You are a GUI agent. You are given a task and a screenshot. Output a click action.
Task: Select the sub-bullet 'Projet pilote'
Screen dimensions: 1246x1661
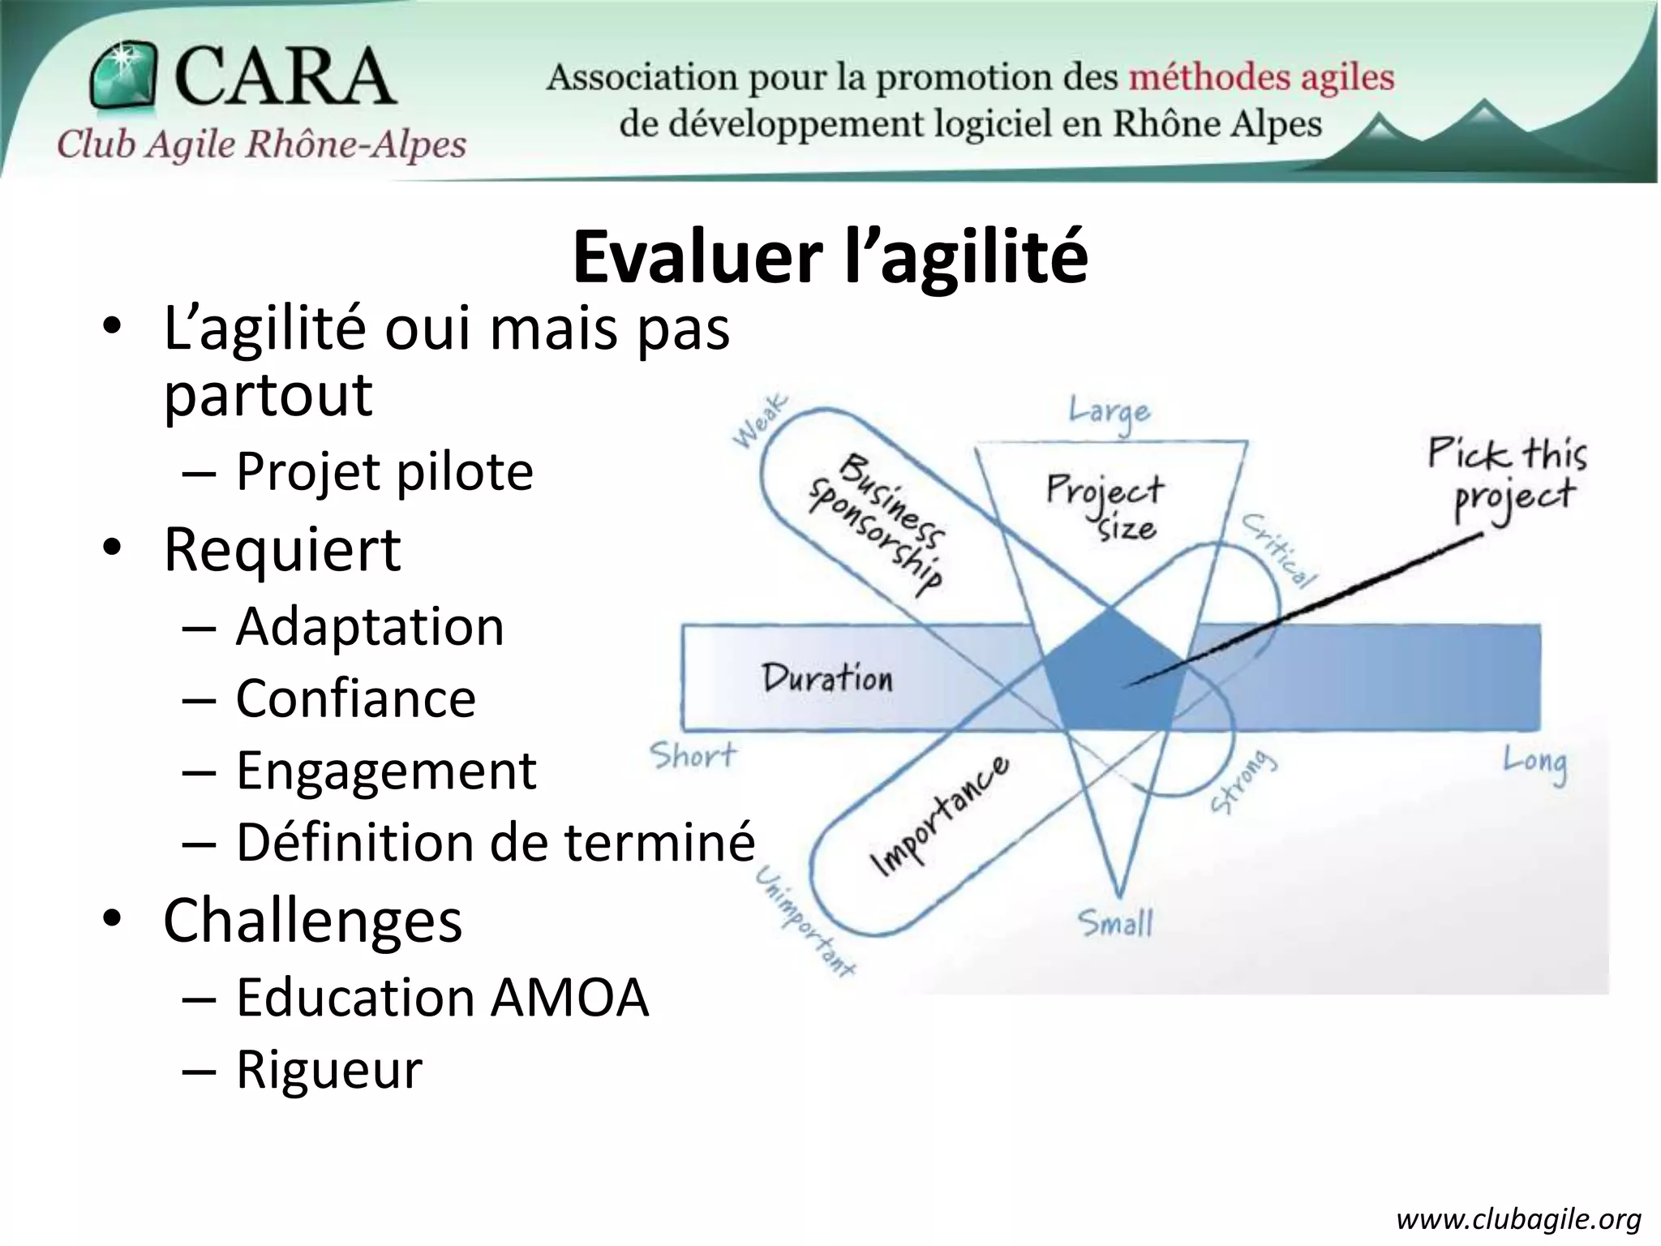(x=384, y=471)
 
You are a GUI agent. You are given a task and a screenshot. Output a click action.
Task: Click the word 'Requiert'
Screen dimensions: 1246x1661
(x=281, y=549)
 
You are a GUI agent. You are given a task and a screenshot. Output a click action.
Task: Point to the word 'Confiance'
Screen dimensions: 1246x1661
(x=355, y=698)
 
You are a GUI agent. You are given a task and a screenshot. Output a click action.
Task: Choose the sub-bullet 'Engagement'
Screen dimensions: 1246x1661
(x=386, y=770)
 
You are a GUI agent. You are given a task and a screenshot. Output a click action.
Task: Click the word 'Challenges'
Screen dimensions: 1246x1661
(x=312, y=921)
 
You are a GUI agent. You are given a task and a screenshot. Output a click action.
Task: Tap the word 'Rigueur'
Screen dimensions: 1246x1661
(x=329, y=1069)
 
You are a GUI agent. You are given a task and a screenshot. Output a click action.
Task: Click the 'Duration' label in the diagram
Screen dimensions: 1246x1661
(x=826, y=678)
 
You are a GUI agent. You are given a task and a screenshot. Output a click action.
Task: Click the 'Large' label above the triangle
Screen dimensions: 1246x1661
(x=1109, y=412)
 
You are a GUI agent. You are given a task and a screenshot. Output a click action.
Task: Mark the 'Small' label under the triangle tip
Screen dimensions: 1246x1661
(x=1115, y=923)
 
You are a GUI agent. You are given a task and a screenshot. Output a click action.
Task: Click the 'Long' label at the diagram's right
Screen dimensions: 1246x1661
(x=1534, y=763)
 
